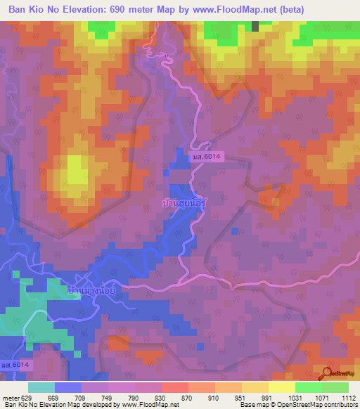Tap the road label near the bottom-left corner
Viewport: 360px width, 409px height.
(15, 365)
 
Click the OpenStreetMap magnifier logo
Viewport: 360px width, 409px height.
(326, 372)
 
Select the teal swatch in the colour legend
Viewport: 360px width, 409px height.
(41, 387)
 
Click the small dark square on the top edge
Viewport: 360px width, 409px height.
(255, 26)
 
